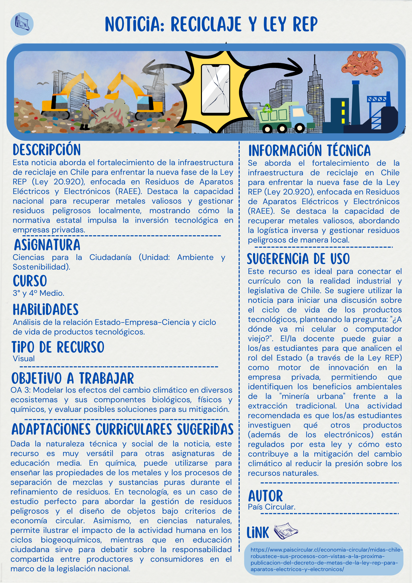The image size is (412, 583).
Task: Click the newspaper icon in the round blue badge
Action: [x=22, y=24]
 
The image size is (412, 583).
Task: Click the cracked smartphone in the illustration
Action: [x=215, y=90]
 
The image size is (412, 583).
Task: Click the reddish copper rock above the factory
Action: [x=362, y=64]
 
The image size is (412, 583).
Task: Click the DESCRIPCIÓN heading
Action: [x=47, y=150]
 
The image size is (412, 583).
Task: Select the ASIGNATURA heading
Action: [x=47, y=245]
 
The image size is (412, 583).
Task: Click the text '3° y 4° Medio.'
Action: [x=38, y=293]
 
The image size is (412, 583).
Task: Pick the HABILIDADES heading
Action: [x=46, y=310]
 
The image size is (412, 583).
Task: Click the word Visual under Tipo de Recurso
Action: [x=24, y=359]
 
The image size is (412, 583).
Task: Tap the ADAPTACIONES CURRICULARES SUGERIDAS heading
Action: [x=122, y=430]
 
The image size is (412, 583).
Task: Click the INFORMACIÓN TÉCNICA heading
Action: [x=309, y=151]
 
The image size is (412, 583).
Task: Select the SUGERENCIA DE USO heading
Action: [x=298, y=259]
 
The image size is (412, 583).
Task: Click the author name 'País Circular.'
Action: [x=272, y=507]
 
